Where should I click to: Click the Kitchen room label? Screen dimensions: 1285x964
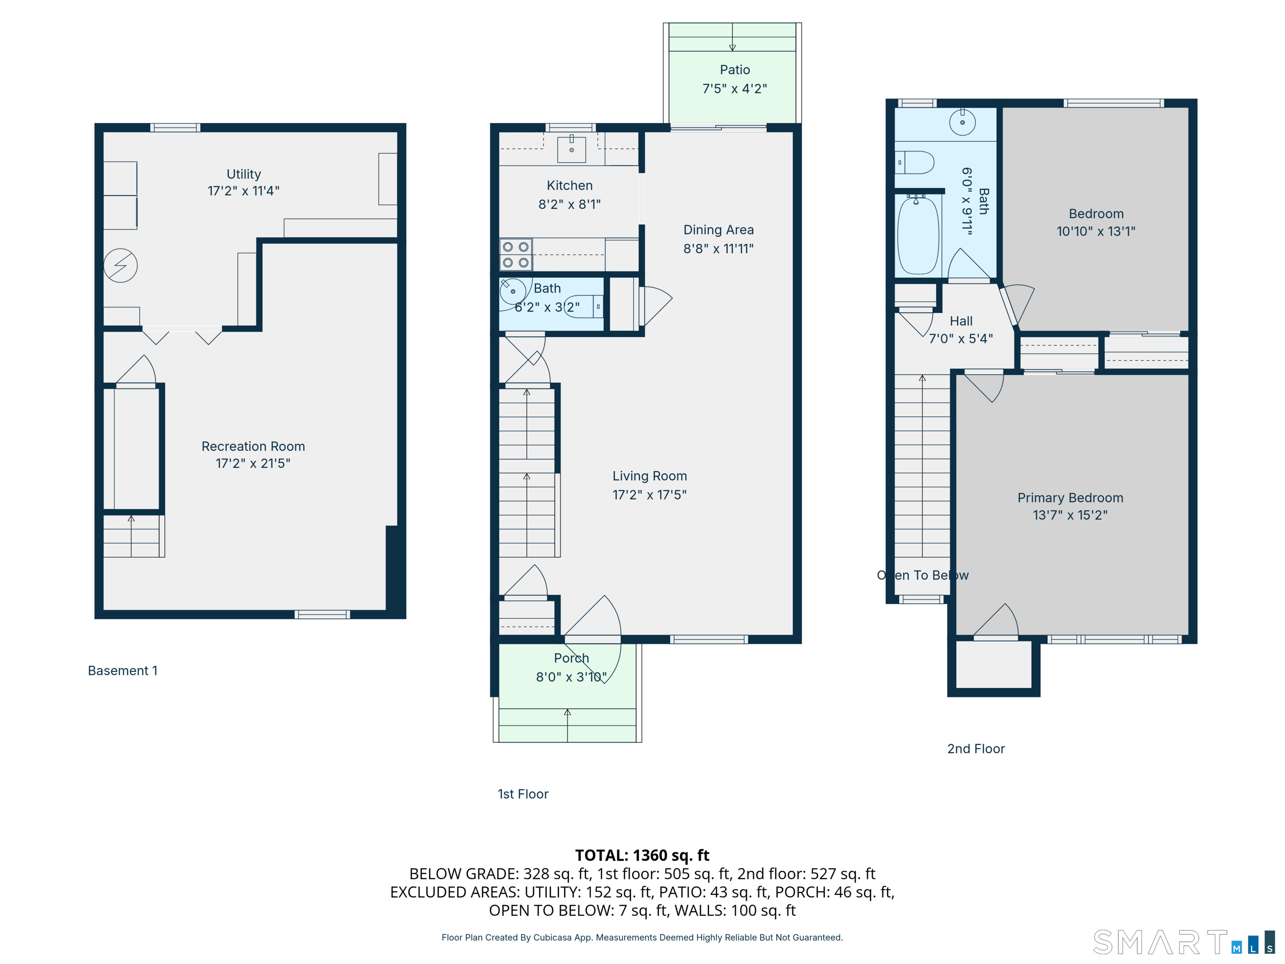tap(569, 185)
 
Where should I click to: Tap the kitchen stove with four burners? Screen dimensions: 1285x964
tap(516, 254)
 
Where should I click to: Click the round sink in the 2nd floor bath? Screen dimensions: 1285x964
tap(962, 123)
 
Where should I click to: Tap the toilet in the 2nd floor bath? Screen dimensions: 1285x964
tap(914, 162)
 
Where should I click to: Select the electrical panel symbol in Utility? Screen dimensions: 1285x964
tap(120, 266)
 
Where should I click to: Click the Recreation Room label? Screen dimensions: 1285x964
tap(253, 446)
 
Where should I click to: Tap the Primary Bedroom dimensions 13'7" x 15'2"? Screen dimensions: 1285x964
tap(1070, 515)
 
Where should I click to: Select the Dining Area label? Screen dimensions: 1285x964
tap(719, 230)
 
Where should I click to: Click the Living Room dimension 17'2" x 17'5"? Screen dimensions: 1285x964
tap(650, 495)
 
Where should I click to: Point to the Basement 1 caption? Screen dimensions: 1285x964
tap(123, 671)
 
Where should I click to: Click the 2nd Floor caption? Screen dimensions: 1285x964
tap(976, 749)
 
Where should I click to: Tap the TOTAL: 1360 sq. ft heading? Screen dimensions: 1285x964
tap(642, 855)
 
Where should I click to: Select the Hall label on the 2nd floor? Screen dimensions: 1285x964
tap(961, 321)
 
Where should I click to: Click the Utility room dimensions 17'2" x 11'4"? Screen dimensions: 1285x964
tap(243, 191)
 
